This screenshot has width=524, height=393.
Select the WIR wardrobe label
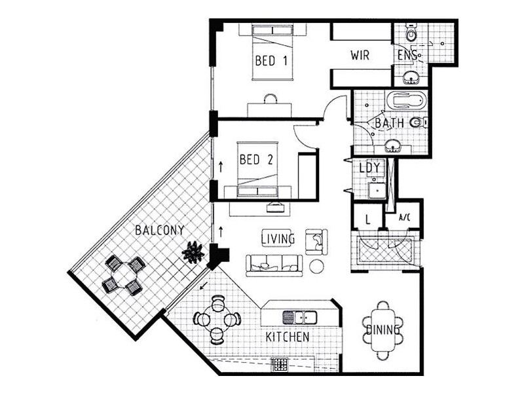[x=360, y=55]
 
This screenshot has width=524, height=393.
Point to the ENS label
[x=406, y=55]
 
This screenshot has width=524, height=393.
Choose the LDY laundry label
[x=370, y=168]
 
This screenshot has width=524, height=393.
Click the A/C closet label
[x=404, y=217]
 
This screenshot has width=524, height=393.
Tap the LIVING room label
[x=278, y=238]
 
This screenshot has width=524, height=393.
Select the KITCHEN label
[x=288, y=337]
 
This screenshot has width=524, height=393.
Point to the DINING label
[x=383, y=330]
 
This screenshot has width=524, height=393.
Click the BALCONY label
[x=159, y=230]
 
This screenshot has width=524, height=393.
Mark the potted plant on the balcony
[x=193, y=252]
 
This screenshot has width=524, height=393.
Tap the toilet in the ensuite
[x=411, y=31]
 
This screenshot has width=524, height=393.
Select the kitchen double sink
[x=300, y=317]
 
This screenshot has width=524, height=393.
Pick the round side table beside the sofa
[x=317, y=266]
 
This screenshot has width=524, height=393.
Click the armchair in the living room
[x=316, y=240]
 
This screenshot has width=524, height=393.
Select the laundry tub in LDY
[x=377, y=191]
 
